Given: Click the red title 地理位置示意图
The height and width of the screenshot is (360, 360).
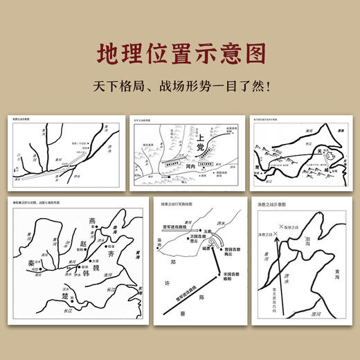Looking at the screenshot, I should [x=179, y=53].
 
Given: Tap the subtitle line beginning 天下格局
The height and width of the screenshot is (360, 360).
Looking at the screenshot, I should [x=179, y=89].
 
